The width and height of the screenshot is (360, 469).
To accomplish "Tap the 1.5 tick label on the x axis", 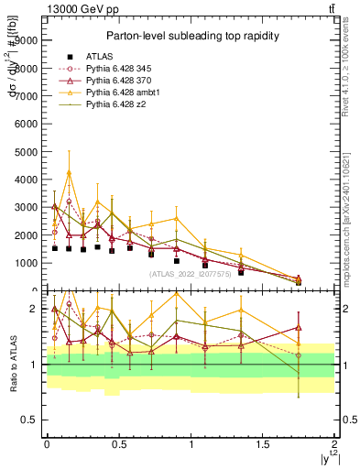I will point(263,444).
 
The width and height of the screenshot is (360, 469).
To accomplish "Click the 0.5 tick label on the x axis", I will point(118,444).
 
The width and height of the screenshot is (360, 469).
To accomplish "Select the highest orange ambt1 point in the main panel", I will point(69,172).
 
